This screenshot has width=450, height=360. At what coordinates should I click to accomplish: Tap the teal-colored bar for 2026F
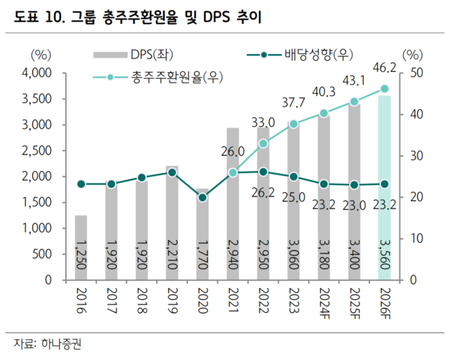pos(384,187)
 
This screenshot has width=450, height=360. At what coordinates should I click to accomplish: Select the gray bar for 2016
pos(81,247)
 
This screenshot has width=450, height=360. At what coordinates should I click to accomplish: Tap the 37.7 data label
pos(293,103)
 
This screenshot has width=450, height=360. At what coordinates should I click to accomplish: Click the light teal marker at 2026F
pos(384,88)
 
